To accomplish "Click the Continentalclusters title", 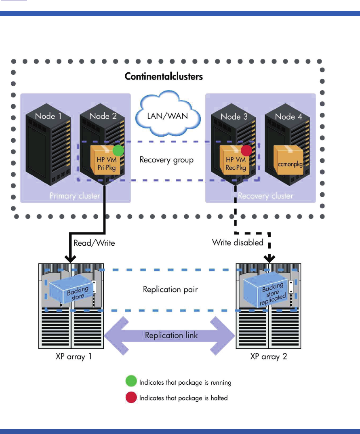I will click(x=164, y=76).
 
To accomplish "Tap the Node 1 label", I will click(x=48, y=116).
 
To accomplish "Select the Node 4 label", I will click(x=288, y=116).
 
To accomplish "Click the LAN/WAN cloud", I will click(x=168, y=115).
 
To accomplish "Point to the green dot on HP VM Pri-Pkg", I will click(x=118, y=150).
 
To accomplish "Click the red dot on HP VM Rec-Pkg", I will click(x=246, y=151).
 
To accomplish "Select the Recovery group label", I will click(x=166, y=160).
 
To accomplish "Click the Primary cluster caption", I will click(x=74, y=196).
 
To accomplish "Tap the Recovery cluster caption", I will click(x=265, y=196).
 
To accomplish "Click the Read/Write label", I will click(x=94, y=243).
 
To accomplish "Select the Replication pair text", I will click(x=167, y=289).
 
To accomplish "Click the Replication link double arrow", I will click(x=170, y=335).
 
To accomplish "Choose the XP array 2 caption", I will click(x=268, y=357).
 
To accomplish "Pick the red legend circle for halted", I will click(x=131, y=398).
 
